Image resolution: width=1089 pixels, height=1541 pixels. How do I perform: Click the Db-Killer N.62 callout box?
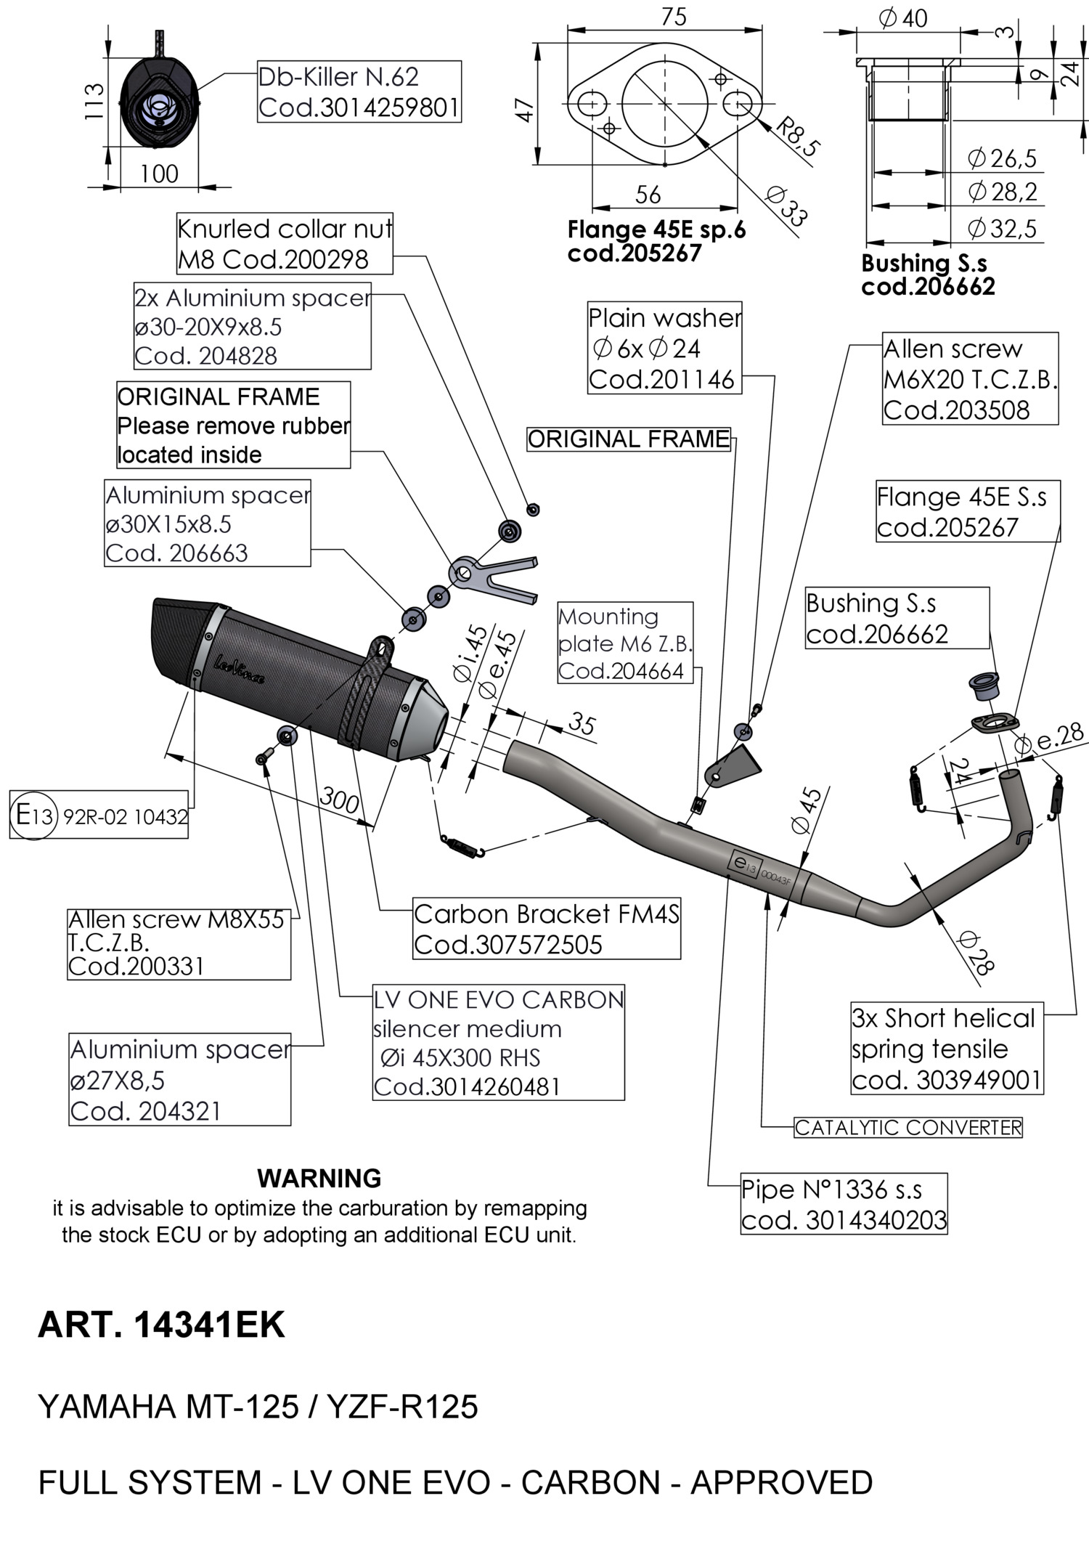359,92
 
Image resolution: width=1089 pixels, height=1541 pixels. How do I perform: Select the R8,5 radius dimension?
797,137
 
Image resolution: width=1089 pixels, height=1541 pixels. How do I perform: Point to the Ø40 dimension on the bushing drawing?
903,17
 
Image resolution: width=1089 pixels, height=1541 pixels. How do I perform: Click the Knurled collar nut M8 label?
285,243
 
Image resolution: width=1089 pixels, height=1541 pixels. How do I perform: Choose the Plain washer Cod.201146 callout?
664,348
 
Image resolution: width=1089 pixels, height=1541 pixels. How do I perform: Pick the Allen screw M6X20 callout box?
970,378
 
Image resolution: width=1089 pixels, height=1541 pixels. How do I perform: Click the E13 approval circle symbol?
33,816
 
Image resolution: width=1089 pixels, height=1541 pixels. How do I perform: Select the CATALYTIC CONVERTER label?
907,1127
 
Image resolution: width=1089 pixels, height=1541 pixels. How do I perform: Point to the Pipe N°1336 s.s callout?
844,1204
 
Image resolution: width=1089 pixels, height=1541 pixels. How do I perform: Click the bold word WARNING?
319,1177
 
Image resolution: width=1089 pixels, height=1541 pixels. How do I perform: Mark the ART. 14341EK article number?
161,1325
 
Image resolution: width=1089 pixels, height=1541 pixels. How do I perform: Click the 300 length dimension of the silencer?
339,800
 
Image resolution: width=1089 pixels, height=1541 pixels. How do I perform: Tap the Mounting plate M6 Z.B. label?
625,643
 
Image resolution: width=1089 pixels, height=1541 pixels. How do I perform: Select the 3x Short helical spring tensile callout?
947,1049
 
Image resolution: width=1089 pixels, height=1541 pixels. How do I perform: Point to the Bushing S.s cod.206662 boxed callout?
897,618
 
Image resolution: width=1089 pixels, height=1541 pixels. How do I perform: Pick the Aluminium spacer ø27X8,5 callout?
180,1079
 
